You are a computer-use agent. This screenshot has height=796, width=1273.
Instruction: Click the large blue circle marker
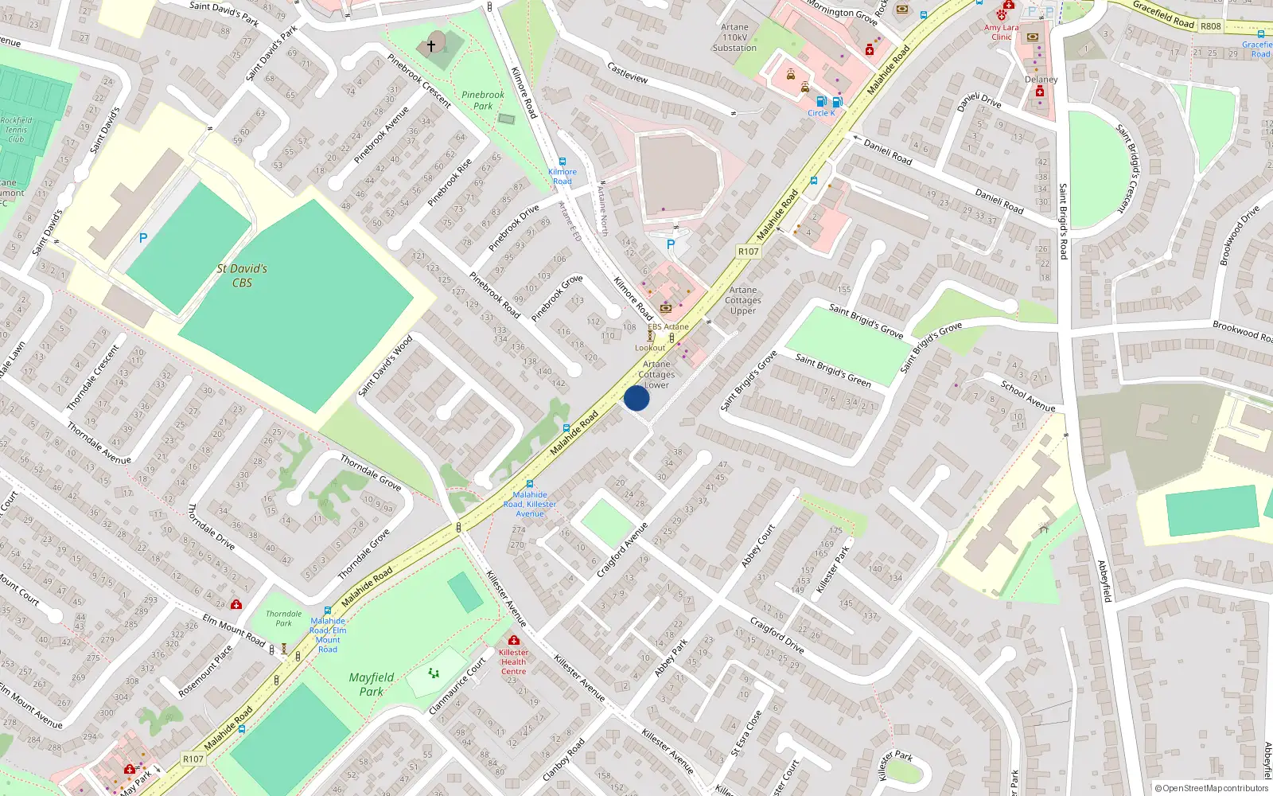point(636,398)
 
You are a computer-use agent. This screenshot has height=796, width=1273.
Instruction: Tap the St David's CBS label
point(242,275)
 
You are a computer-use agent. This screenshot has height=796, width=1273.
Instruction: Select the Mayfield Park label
point(372,684)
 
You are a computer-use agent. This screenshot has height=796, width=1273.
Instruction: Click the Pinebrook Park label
point(483,100)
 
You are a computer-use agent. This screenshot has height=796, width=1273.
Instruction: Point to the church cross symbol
point(431,46)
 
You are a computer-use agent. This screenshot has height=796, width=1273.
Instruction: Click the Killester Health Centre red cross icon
point(514,640)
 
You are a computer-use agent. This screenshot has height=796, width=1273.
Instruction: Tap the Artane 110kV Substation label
point(734,37)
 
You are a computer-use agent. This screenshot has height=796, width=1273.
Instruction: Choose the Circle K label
point(821,113)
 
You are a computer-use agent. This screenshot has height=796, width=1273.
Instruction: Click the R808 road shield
point(1210,26)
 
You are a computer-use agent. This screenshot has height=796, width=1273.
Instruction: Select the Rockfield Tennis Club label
point(16,130)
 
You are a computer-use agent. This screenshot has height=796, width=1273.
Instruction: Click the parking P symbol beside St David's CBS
point(143,237)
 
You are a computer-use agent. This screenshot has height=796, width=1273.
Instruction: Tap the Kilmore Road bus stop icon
point(563,162)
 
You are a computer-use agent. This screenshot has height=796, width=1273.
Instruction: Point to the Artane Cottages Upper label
point(743,300)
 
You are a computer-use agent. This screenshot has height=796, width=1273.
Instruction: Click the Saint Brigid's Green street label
point(833,370)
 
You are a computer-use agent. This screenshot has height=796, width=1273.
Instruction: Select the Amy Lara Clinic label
point(1001,32)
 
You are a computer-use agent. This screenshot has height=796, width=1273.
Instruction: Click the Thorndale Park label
point(284,618)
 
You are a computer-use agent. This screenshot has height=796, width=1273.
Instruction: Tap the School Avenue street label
point(1028,396)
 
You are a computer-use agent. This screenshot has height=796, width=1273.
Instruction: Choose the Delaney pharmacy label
point(1041,80)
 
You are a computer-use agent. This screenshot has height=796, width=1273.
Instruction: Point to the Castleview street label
point(628,73)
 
